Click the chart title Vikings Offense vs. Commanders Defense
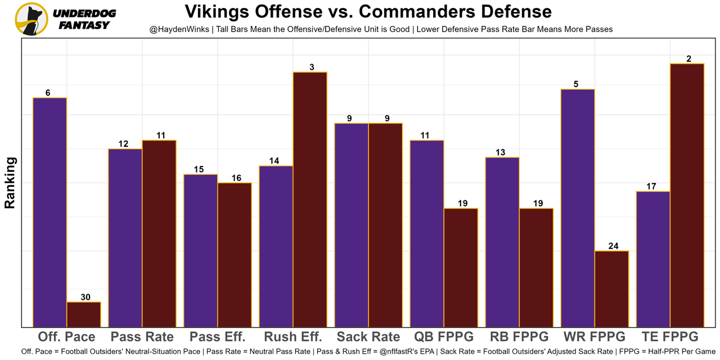point(368,11)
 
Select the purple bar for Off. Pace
point(50,212)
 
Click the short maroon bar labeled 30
point(84,314)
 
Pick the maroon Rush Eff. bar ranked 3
point(310,199)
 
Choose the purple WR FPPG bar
point(578,208)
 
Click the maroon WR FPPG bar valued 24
point(611,289)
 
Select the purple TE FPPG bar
point(653,259)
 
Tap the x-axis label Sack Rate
point(368,337)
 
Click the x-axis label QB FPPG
point(444,337)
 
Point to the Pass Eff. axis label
point(218,337)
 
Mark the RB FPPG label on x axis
point(519,337)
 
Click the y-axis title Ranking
point(10,183)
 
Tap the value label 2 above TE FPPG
point(687,58)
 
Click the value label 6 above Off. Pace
point(48,93)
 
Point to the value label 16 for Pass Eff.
point(236,178)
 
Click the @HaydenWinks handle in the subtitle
point(178,29)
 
